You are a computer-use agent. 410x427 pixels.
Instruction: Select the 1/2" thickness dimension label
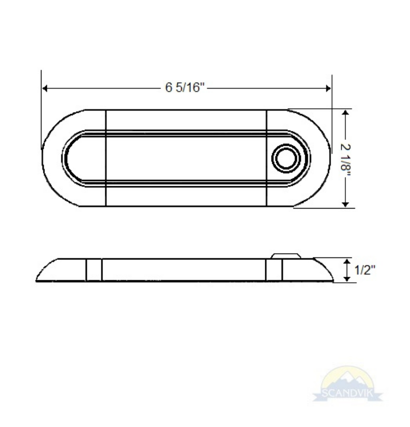366,270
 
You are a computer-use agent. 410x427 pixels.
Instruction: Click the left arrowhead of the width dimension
44,88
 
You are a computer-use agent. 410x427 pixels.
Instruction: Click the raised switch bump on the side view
286,256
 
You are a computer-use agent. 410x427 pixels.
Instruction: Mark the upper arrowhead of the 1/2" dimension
349,260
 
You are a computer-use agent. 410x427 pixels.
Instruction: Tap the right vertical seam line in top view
267,158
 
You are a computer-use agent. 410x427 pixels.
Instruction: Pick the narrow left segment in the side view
94,270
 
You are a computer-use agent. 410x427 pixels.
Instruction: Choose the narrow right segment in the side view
274,270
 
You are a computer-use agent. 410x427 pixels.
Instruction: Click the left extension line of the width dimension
41,109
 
